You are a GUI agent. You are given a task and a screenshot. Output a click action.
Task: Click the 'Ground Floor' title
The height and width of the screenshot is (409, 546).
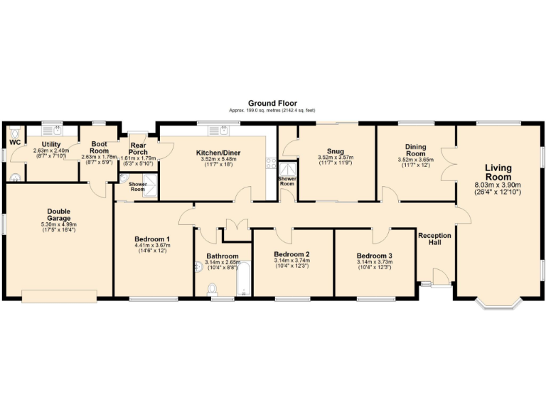[272, 103]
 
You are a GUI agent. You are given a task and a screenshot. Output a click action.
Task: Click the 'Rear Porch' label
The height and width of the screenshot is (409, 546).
[138, 149]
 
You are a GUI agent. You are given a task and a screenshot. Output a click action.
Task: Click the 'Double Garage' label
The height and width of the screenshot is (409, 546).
[58, 214]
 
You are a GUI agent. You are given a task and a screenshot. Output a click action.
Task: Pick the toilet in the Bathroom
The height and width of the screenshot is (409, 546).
[213, 289]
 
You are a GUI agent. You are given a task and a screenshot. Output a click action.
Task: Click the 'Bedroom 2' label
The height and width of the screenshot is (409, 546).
[291, 253]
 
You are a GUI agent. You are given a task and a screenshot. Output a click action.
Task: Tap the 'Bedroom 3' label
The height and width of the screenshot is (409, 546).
[374, 256]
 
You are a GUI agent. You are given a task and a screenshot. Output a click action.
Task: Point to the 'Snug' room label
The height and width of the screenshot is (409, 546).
[335, 151]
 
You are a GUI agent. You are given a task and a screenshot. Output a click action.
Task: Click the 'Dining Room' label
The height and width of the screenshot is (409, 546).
[415, 151]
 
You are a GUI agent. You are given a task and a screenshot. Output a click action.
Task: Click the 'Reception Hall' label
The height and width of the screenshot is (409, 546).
[435, 239]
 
